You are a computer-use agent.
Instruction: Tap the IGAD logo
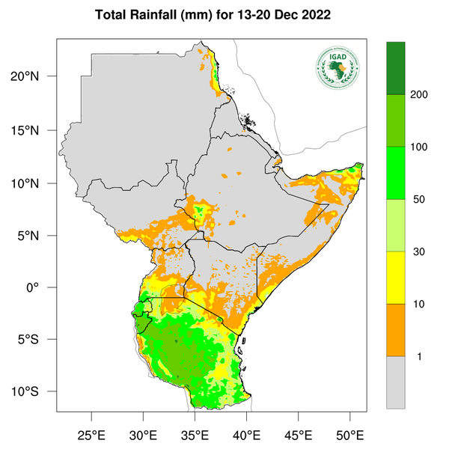337,67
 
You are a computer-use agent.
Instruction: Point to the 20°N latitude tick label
36,76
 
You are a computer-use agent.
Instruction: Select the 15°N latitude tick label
36,130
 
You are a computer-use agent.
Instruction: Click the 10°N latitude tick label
36,183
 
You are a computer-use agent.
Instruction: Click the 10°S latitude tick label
36,392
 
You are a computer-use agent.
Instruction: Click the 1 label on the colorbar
418,356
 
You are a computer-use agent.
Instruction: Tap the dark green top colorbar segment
395,68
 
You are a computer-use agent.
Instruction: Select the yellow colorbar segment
395,277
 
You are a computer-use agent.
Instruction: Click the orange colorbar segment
395,329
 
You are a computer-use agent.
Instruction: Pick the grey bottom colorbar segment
395,382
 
